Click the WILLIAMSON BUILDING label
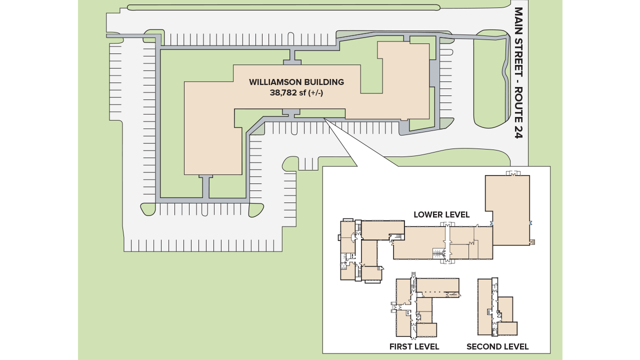tap(296, 82)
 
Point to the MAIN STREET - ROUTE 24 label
tap(518, 72)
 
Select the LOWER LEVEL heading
tap(441, 214)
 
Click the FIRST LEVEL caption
tap(414, 346)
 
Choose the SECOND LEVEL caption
tap(497, 346)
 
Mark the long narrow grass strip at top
tap(283, 7)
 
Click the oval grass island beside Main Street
tap(490, 80)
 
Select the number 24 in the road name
tap(518, 131)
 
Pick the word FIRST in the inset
tap(400, 346)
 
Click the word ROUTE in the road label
tap(518, 104)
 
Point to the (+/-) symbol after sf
tap(316, 92)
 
